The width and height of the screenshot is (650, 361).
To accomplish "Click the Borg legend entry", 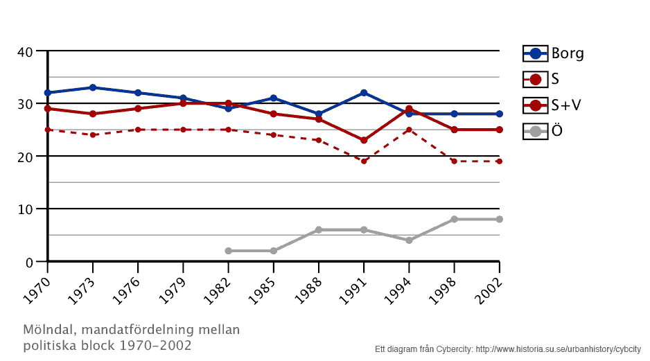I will point(553,53).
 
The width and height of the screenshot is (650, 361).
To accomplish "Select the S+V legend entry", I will point(553,105).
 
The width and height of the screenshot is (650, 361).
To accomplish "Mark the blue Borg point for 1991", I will point(364,93).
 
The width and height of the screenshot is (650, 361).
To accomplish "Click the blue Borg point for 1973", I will point(93,87).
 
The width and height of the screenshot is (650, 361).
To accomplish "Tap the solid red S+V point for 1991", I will point(364,140).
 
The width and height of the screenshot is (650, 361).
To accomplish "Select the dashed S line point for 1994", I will point(409,130).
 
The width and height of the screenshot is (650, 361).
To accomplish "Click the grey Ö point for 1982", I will point(228,251).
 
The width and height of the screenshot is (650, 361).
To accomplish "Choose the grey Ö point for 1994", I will point(409,240).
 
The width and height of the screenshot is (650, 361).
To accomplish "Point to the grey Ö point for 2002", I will point(499,219).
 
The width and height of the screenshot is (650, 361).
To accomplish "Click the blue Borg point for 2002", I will point(499,114).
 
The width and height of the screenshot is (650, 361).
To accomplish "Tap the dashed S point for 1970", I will point(48,130).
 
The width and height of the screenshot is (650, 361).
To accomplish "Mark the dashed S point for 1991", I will point(364,161).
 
